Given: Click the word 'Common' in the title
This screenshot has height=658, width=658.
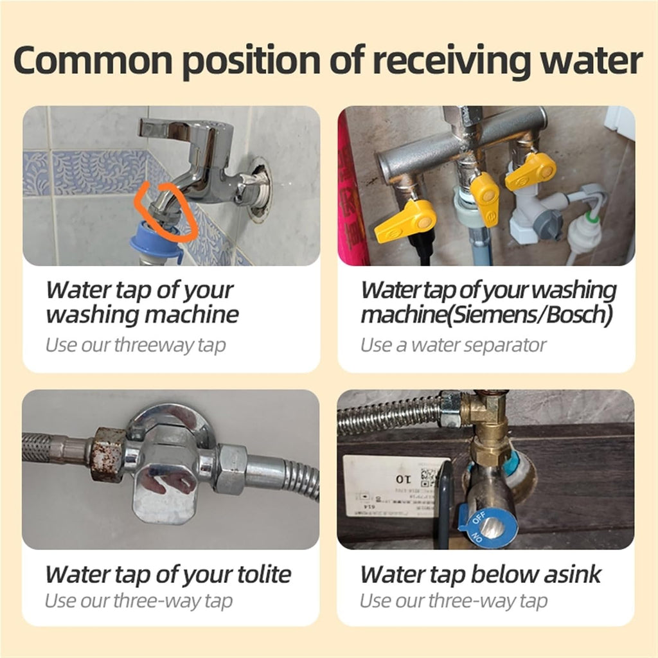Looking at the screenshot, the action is click(93, 60).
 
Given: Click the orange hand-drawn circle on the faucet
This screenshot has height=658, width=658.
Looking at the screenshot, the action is click(167, 210).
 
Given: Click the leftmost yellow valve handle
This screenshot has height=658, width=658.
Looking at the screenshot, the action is click(405, 221).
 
